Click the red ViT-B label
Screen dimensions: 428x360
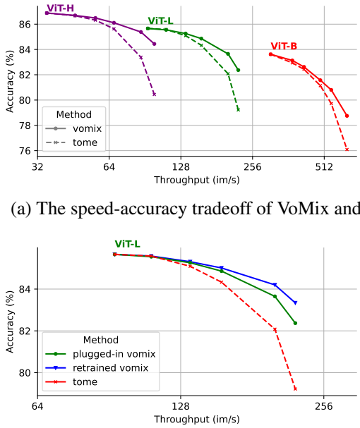click(283, 46)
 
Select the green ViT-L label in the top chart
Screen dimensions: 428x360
click(161, 21)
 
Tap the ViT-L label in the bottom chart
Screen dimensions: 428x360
click(128, 244)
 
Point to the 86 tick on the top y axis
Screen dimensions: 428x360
click(25, 24)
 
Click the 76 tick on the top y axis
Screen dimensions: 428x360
click(25, 151)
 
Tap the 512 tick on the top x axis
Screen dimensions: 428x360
click(324, 168)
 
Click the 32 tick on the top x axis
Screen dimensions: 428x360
click(38, 168)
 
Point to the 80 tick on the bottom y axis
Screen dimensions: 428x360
click(25, 372)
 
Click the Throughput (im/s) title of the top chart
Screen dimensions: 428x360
click(197, 180)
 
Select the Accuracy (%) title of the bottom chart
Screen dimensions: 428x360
click(9, 321)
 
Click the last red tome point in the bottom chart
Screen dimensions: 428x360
click(295, 389)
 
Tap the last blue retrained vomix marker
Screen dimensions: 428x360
click(295, 302)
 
